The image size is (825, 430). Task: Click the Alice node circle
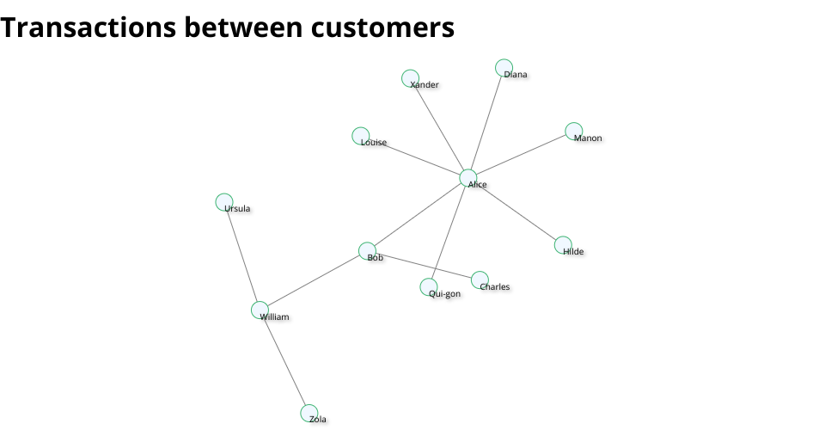coord(468,178)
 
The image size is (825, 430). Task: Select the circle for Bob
coord(367,251)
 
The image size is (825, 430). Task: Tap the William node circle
coord(260,310)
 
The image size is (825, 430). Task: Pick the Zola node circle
coord(309,413)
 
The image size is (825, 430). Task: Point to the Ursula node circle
coord(224,202)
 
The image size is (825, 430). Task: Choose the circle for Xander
coord(411,78)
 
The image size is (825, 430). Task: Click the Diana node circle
coord(504,68)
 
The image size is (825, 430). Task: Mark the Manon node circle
coord(574,131)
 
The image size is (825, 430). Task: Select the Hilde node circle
coord(563,245)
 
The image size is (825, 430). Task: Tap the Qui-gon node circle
coord(429,287)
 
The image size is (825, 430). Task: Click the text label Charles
coord(495,287)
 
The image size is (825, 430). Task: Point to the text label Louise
coord(374,143)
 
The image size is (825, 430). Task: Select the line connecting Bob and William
coord(314,281)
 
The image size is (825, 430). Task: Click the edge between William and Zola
coord(284,362)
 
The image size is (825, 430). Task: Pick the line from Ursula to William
coord(242,256)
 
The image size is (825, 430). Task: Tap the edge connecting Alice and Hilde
coord(516,212)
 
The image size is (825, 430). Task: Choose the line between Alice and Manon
coord(521,155)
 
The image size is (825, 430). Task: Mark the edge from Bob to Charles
coord(424,265)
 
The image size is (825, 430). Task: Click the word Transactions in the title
coord(88,28)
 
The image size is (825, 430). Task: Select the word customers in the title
coord(382,28)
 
